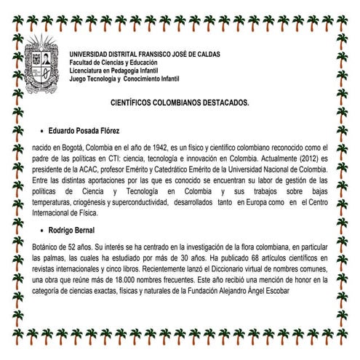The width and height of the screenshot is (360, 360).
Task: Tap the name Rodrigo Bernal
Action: click(x=74, y=230)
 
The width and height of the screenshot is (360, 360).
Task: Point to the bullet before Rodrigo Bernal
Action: click(x=40, y=230)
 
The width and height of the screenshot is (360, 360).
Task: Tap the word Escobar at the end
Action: click(x=275, y=291)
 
